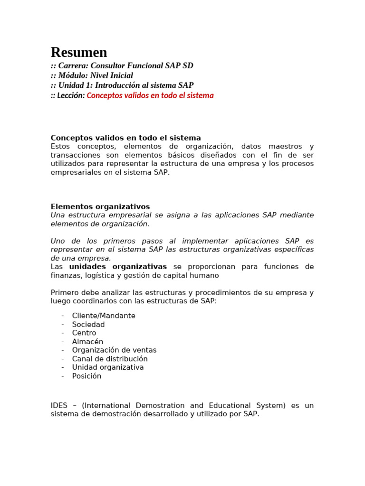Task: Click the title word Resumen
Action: click(79, 52)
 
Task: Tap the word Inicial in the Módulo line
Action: click(122, 75)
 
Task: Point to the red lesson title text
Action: click(150, 95)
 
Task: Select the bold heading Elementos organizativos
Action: click(100, 207)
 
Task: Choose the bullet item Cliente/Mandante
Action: click(104, 316)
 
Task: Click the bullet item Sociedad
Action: click(88, 325)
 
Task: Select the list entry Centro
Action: click(84, 333)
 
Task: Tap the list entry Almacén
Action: click(87, 342)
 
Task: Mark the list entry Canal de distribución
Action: click(110, 359)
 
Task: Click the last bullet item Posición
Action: click(86, 376)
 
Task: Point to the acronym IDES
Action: click(59, 405)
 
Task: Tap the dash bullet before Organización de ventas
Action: click(63, 350)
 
